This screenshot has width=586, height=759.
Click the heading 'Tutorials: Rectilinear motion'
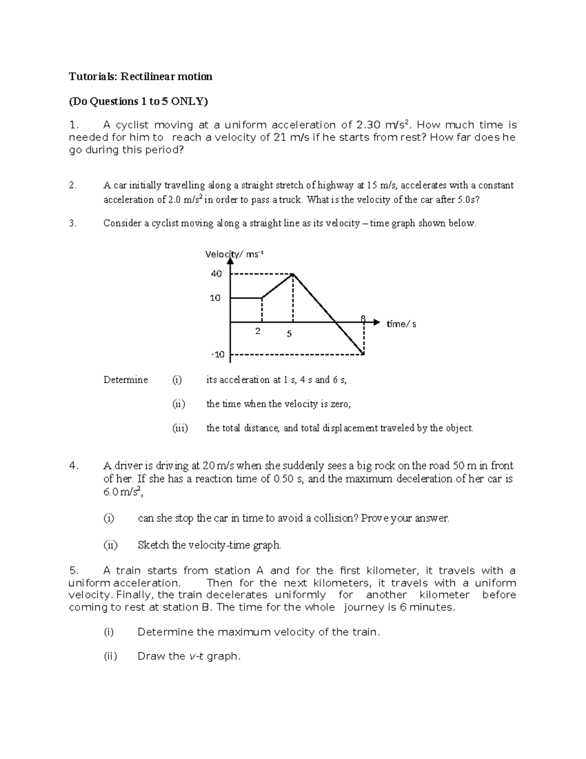pos(141,77)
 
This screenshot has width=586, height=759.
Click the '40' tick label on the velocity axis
pos(216,274)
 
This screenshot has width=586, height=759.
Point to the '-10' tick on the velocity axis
pos(218,354)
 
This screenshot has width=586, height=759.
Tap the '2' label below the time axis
pos(258,331)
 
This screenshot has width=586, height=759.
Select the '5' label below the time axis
pos(289,334)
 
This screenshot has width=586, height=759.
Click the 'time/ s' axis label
pos(401,324)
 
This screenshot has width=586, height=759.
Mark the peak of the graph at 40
pos(293,274)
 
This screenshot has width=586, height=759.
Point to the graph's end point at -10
pos(364,354)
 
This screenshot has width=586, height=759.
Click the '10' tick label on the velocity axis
pos(215,298)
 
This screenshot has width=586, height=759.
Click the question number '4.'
pos(74,466)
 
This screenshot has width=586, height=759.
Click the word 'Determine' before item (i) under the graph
pos(126,380)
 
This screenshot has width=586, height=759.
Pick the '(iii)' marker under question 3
pos(180,428)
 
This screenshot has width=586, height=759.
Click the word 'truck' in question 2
pos(291,200)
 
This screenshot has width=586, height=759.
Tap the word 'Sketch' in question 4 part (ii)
pos(153,545)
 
